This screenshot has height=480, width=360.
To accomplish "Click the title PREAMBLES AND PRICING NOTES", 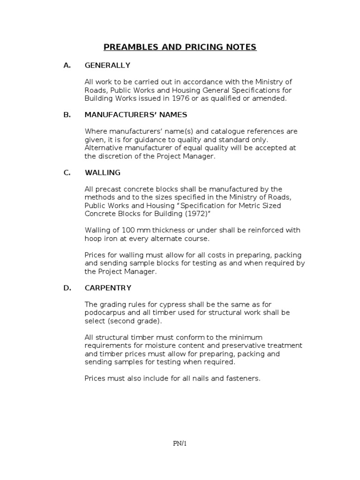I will (180, 47).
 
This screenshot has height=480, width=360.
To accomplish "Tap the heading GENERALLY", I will (107, 65).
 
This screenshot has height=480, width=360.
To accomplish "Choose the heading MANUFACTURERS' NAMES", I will (136, 114).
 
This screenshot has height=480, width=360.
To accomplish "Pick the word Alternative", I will (103, 148).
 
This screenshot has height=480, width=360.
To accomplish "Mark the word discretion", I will (114, 157).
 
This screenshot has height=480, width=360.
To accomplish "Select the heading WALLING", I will (102, 172).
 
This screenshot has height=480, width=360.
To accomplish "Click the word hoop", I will (93, 239).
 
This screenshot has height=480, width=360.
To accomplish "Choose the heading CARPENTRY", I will (108, 288).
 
